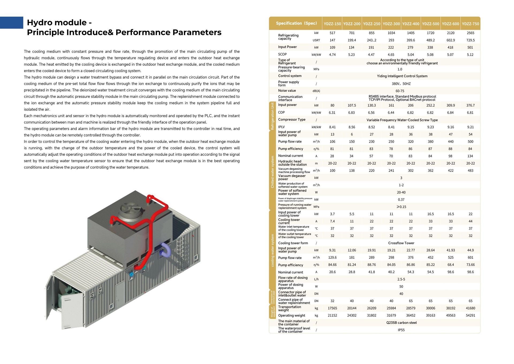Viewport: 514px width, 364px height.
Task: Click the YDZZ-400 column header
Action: pos(411,24)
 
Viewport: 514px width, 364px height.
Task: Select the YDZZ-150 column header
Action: pos(332,24)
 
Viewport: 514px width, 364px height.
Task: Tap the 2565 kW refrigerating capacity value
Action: pos(470,33)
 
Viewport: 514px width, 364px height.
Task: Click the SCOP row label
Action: pos(282,54)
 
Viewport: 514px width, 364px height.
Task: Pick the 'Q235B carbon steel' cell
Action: pos(401,323)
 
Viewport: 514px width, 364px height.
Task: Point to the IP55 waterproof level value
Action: pos(401,330)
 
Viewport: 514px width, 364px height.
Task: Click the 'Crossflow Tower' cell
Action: pos(401,243)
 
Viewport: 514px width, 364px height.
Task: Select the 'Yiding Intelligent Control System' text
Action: pos(402,76)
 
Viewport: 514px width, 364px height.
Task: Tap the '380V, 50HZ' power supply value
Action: pos(401,84)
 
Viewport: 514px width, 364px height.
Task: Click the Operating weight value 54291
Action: pos(470,315)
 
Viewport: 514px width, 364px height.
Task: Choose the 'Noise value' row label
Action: pos(287,91)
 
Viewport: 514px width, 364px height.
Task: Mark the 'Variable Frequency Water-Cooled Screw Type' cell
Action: pos(402,120)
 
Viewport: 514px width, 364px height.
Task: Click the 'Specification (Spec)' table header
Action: pos(296,23)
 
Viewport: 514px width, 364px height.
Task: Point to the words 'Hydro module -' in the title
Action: pos(59,23)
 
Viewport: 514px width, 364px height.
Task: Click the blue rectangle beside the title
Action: pos(12,23)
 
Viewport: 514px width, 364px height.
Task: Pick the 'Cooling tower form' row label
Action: pos(293,243)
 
